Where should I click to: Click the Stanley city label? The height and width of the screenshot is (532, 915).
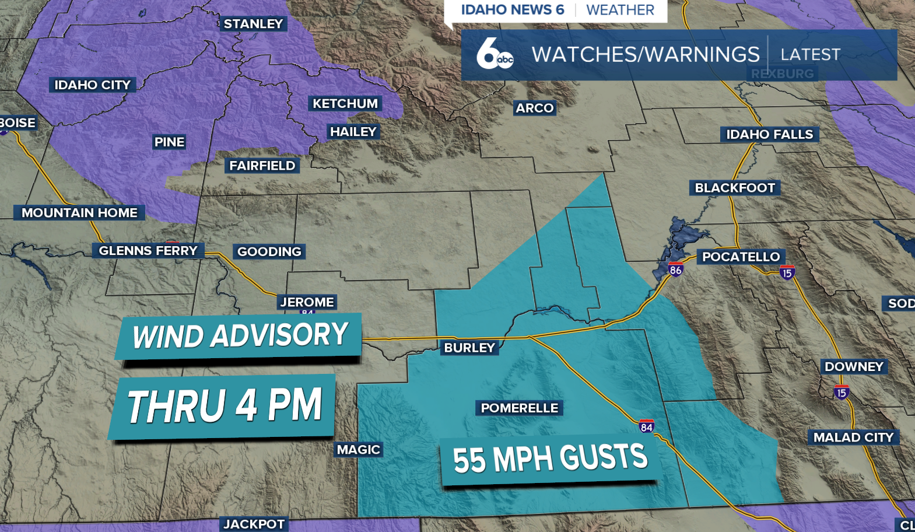[x=253, y=24]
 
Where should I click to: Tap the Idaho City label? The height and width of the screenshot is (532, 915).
[x=92, y=85]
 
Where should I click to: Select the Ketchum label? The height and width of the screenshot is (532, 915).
[x=345, y=104]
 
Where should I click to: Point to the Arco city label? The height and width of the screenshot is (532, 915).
[x=534, y=108]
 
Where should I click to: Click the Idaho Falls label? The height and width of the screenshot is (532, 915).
[x=769, y=135]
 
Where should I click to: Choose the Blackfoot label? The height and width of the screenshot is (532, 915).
[x=735, y=188]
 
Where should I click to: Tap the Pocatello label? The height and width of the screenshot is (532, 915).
[x=741, y=257]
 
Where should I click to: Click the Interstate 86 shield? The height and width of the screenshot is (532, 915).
[x=675, y=269]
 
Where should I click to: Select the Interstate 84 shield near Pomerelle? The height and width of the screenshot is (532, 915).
[x=646, y=426]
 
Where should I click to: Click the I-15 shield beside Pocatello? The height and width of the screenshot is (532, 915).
[x=787, y=272]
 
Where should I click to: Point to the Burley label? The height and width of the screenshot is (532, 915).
[x=469, y=348]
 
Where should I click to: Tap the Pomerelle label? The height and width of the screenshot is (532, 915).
[x=519, y=408]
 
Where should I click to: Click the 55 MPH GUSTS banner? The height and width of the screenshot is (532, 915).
[x=550, y=459]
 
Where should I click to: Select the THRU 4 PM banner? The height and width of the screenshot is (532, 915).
[x=224, y=406]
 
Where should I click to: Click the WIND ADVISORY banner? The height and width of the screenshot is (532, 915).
[x=240, y=336]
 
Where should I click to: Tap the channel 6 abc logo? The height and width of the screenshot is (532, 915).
[x=494, y=54]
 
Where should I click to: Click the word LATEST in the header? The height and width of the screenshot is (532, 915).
[x=810, y=55]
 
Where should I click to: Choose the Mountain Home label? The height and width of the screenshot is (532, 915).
[x=79, y=213]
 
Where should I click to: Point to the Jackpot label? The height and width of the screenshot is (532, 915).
[x=254, y=524]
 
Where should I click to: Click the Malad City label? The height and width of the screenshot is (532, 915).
[x=853, y=437]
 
